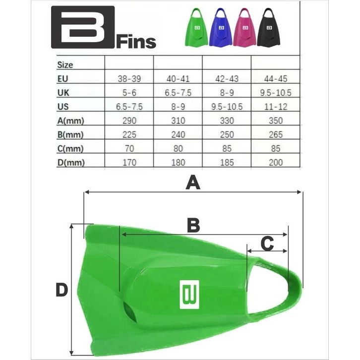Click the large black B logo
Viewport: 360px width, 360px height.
pyautogui.click(x=83, y=27)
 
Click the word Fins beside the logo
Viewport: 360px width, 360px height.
pyautogui.click(x=136, y=42)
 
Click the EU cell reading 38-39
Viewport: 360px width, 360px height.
pyautogui.click(x=129, y=79)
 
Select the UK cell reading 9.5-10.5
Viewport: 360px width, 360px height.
pyautogui.click(x=276, y=93)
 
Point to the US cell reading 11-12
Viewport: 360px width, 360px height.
pyautogui.click(x=276, y=107)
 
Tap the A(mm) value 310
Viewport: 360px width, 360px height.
pyautogui.click(x=178, y=121)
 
